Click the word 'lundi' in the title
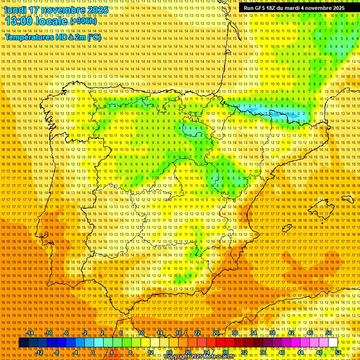[x=15, y=10]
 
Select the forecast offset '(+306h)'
[x=83, y=22]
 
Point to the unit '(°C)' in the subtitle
[x=94, y=37]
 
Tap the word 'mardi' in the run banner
[x=292, y=8]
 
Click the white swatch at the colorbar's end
[x=333, y=343]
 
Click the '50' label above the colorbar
[x=329, y=333]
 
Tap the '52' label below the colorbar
[x=338, y=352]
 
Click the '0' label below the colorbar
[x=93, y=352]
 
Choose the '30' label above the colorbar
[x=234, y=333]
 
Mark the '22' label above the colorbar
[x=197, y=333]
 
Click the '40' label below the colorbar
[x=281, y=352]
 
